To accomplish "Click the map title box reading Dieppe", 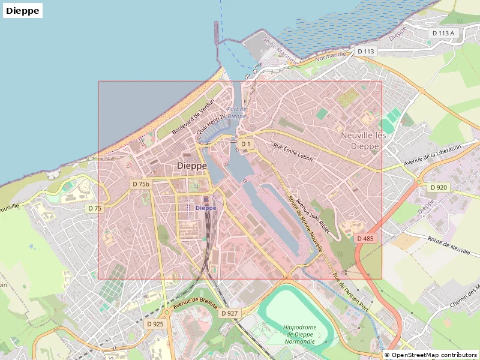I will coord(23,10).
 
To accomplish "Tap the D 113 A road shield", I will coord(445,33).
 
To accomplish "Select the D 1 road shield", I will coord(245,144).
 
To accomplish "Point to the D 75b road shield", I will coord(140,184).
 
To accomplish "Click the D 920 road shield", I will coord(439,187).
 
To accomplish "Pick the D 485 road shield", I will coord(365,238).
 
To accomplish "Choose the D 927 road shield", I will coord(229,313).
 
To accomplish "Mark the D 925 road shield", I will coord(155,324).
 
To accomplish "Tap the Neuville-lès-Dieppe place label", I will coord(364,140).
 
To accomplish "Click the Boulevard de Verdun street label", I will coord(193,116).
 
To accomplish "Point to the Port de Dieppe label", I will coord(237,112).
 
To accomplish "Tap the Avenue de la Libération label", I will coord(432,155).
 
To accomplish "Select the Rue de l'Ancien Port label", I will coord(350,293).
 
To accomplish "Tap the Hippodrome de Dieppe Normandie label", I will coord(299,334).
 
